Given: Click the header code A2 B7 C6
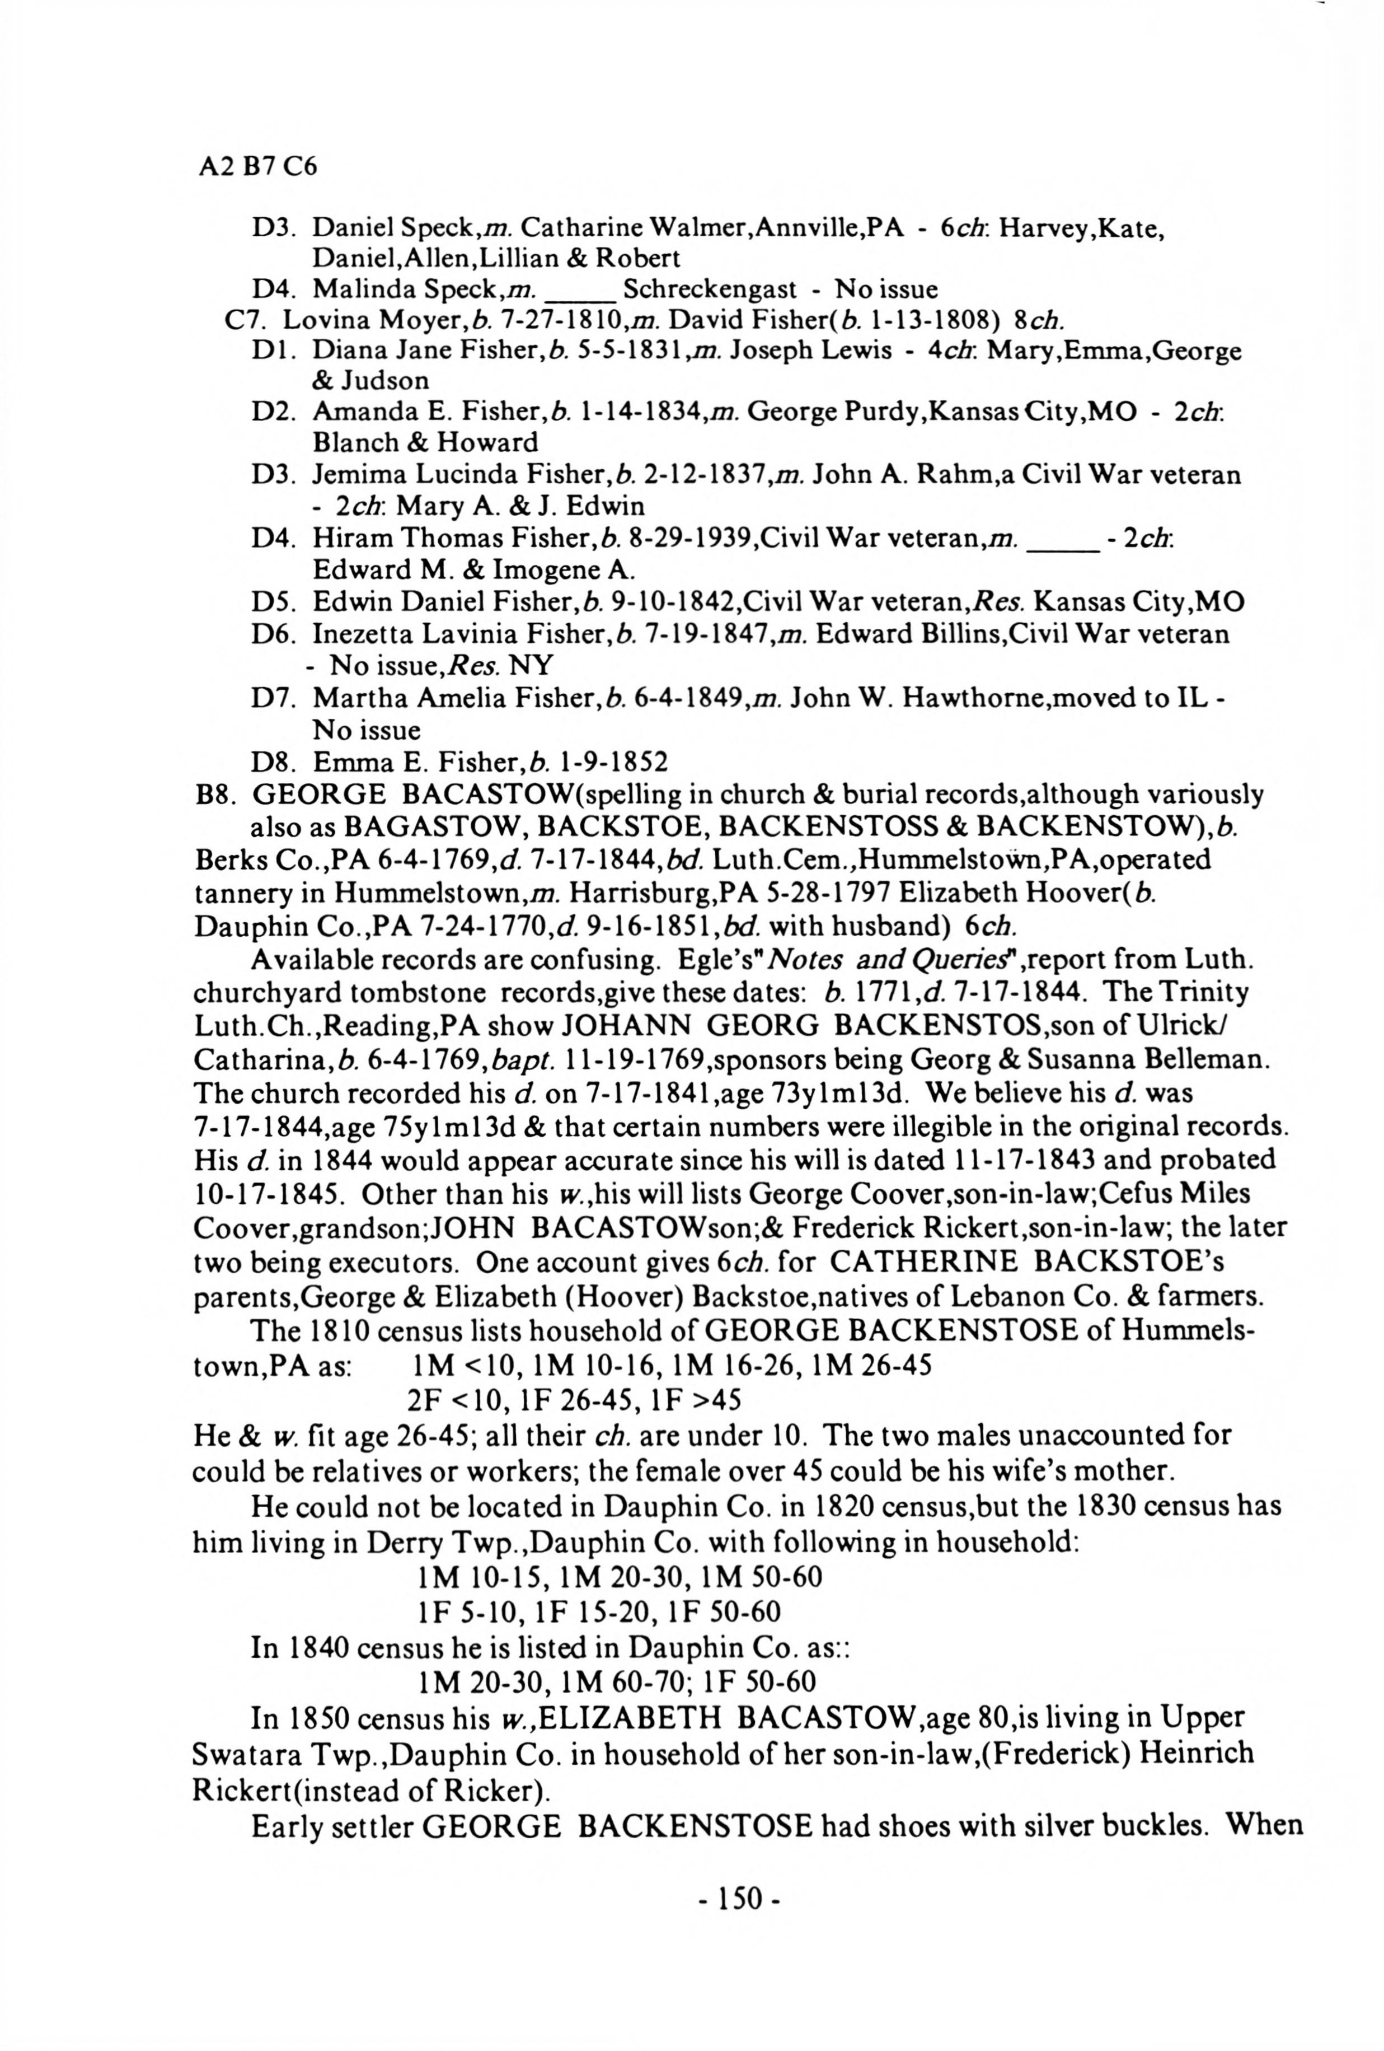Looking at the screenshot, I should [257, 166].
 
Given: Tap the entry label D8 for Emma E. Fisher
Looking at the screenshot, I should [270, 761].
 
